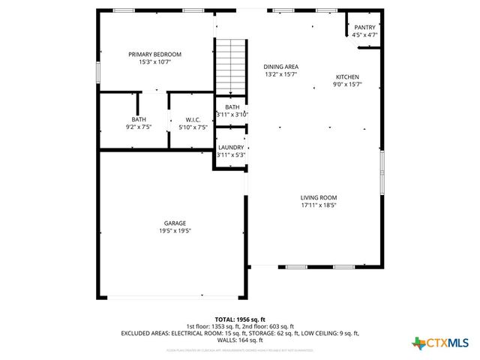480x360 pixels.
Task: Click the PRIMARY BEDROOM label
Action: [154, 54]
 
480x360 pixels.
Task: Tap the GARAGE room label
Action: [175, 223]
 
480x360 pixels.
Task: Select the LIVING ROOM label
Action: [319, 197]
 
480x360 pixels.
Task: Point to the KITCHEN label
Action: [347, 77]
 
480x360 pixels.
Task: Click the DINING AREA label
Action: [281, 66]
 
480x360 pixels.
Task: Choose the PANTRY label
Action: [365, 27]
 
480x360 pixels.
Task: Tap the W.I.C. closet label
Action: [193, 120]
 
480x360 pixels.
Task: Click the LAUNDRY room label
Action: [231, 148]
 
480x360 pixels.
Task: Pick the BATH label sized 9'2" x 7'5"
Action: [139, 120]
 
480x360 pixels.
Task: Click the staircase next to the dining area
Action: [232, 64]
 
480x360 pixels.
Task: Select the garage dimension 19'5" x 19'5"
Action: [175, 231]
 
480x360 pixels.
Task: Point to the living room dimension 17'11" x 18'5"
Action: [319, 205]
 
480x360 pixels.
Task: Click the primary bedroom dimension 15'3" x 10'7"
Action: [154, 62]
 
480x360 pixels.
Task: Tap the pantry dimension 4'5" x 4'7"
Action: [365, 34]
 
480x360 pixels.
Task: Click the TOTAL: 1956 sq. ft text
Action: [239, 319]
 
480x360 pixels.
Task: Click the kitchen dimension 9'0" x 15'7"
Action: [347, 85]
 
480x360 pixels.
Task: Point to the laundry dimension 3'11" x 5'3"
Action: [231, 155]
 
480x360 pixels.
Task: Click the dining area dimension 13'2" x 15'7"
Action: [281, 74]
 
